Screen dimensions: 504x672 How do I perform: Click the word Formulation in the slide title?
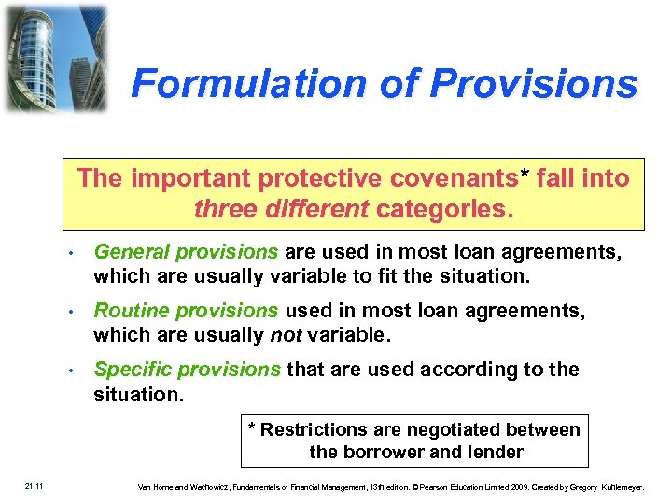(237, 84)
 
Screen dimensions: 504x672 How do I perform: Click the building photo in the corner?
(55, 58)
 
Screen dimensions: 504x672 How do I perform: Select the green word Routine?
(128, 311)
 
